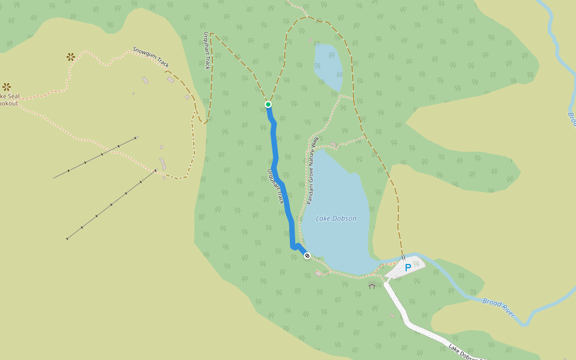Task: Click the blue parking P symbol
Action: click(x=408, y=268)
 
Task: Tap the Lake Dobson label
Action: click(x=336, y=218)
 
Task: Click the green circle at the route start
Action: click(x=268, y=104)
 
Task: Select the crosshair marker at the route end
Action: click(x=307, y=256)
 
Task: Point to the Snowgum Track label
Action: click(x=151, y=56)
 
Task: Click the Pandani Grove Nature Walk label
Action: click(x=311, y=170)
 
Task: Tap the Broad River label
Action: click(x=499, y=307)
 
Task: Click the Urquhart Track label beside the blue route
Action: click(x=275, y=186)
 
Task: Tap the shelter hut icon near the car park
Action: click(x=372, y=286)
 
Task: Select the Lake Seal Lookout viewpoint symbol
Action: click(x=7, y=87)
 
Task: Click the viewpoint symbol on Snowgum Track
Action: click(x=71, y=57)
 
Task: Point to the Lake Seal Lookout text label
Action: click(x=8, y=100)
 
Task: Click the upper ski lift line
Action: click(x=96, y=157)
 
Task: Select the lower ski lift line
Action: click(x=111, y=205)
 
